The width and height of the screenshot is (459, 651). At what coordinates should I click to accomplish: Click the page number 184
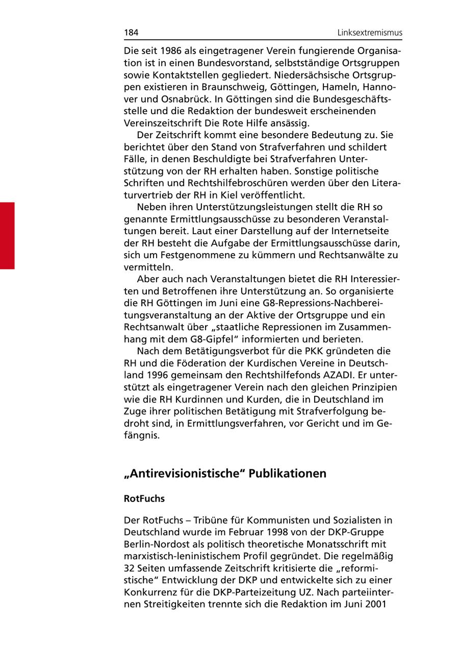pyautogui.click(x=131, y=33)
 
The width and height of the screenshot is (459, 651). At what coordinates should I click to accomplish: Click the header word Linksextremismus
pyautogui.click(x=370, y=33)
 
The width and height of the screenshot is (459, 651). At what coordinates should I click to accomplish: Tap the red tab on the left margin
pyautogui.click(x=7, y=235)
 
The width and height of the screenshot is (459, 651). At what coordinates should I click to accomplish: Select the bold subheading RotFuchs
pyautogui.click(x=144, y=498)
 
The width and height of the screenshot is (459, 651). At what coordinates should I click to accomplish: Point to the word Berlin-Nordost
pyautogui.click(x=155, y=544)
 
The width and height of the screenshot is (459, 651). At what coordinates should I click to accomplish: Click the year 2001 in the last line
pyautogui.click(x=390, y=604)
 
